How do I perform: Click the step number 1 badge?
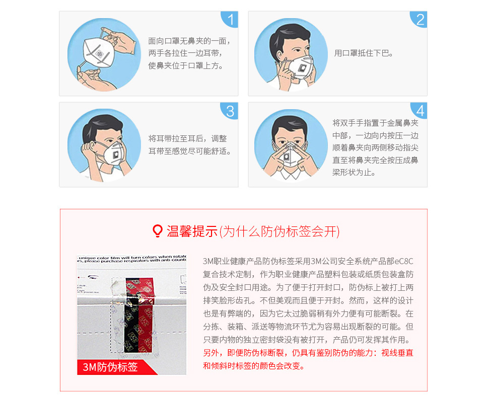tap(230, 20)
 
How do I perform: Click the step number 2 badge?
tap(419, 20)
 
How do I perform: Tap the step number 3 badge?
tap(230, 111)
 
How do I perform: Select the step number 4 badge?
tap(419, 111)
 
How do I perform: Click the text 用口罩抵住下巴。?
tap(364, 53)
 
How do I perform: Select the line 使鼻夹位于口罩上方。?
tap(186, 66)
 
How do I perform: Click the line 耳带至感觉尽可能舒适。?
tap(189, 151)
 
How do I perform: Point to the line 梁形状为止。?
tap(354, 172)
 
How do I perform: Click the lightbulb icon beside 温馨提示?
tap(158, 231)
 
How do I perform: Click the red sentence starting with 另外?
tap(308, 353)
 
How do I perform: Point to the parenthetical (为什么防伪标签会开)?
tap(279, 231)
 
